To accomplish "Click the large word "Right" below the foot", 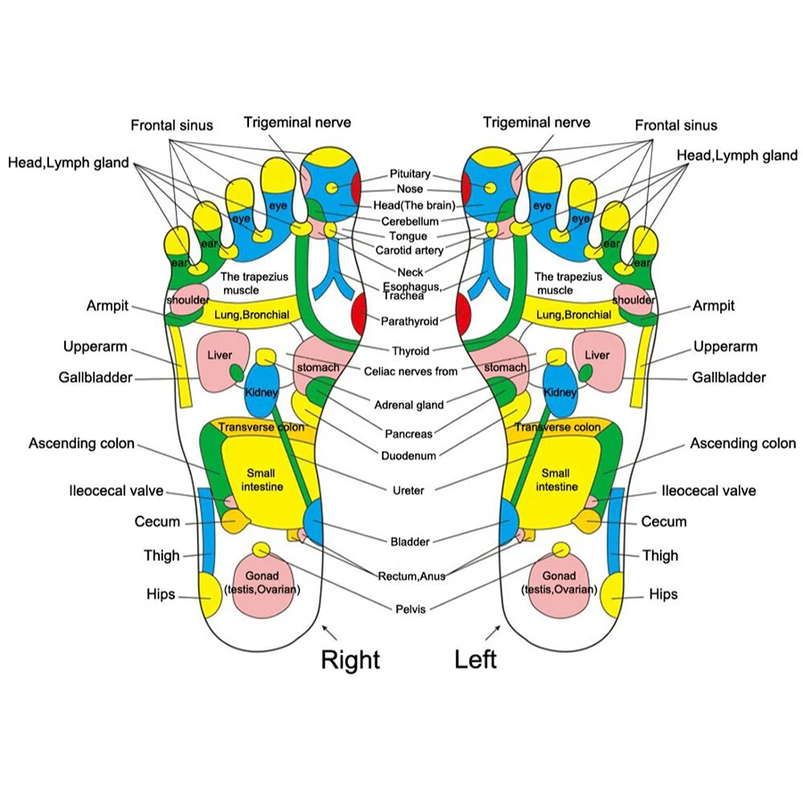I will click(x=350, y=660).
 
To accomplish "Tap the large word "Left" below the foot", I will click(x=476, y=660).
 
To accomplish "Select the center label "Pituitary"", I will click(x=410, y=174).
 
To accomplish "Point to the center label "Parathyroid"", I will click(x=410, y=321).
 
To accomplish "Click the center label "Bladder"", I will click(x=410, y=542).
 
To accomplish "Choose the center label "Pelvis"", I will click(x=410, y=609).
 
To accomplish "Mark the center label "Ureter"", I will click(x=409, y=490).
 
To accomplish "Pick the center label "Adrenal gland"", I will click(x=410, y=405).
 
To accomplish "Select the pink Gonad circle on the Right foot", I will click(x=267, y=584).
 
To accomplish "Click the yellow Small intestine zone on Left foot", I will click(x=556, y=482).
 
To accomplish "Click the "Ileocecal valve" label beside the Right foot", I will click(x=117, y=491).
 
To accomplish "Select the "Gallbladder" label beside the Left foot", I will click(x=729, y=377).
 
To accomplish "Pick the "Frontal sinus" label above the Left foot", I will click(x=675, y=125).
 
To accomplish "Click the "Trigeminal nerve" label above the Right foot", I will click(x=297, y=122).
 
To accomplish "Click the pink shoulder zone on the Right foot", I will click(x=188, y=298).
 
